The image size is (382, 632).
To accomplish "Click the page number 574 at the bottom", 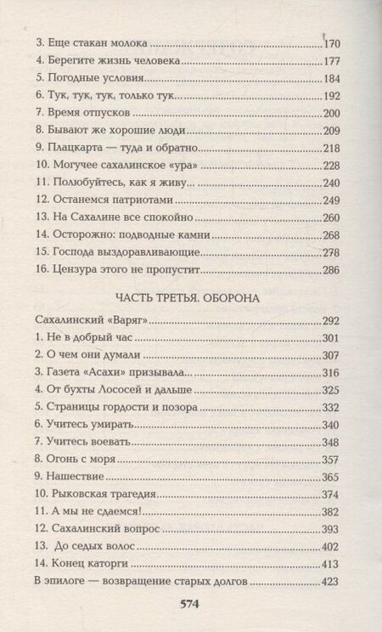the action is point(190,605).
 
